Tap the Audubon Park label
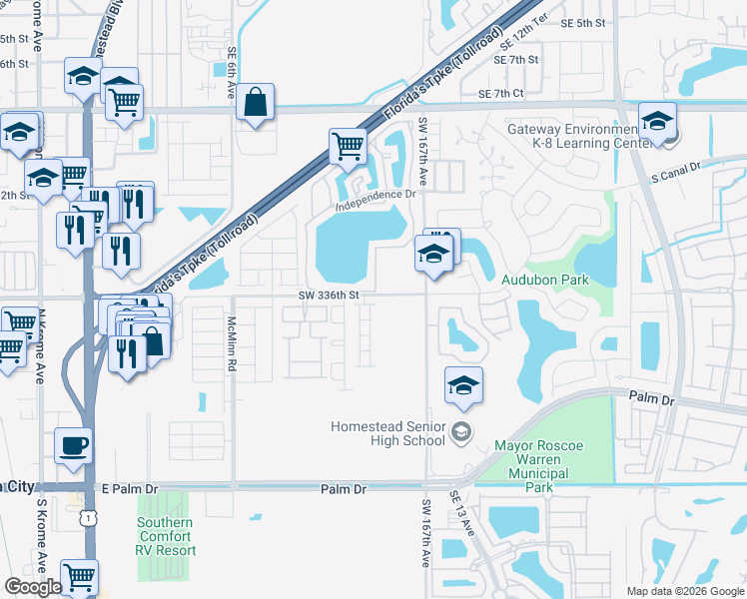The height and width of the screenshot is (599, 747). (545, 281)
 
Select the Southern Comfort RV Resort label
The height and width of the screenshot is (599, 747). (166, 536)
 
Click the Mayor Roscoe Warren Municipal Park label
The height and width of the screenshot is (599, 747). (538, 466)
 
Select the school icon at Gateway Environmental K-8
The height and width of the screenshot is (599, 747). (657, 122)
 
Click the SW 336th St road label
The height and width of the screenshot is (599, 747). (328, 295)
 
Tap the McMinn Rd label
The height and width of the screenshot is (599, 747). (231, 345)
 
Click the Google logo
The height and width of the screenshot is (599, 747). (33, 587)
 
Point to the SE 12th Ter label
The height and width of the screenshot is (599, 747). (526, 39)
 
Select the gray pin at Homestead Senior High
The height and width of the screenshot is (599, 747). (460, 432)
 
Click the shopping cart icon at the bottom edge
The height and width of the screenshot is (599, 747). (79, 576)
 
